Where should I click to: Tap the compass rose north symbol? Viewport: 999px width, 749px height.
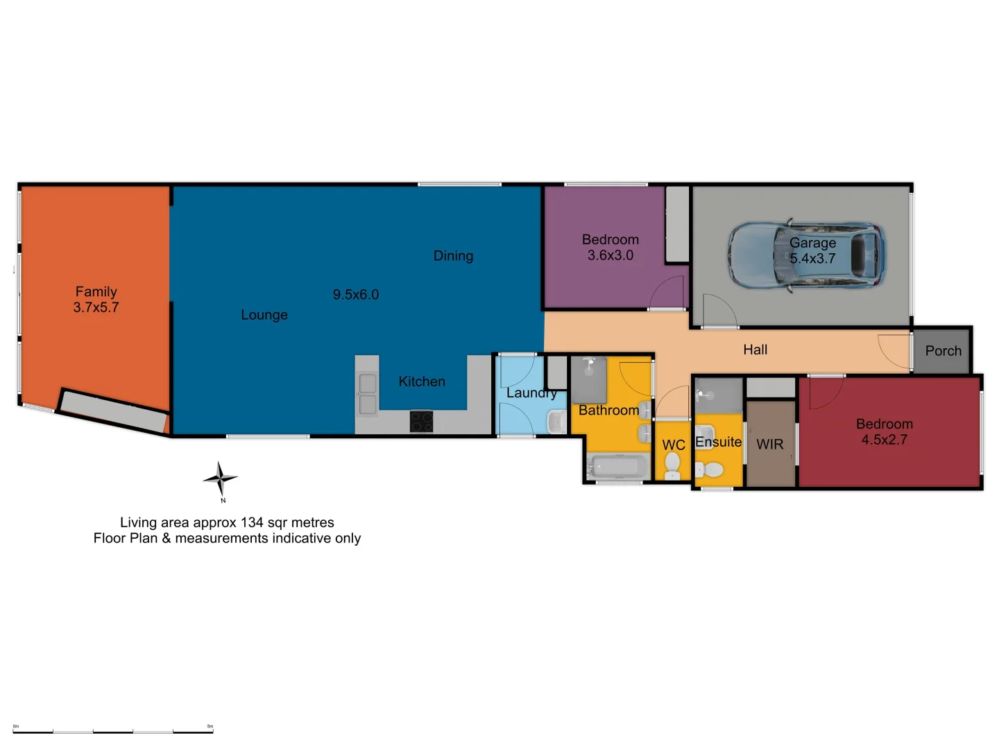click(221, 479)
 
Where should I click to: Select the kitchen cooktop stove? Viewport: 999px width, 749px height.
click(421, 421)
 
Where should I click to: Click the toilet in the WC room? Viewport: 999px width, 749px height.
click(672, 465)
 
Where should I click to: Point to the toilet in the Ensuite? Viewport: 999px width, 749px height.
click(710, 469)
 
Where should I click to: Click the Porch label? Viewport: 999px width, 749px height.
click(943, 351)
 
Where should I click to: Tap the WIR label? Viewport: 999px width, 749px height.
click(769, 445)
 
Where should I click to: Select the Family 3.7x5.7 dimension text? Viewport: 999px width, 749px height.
click(96, 307)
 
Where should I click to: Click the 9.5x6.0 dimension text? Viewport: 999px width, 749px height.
click(356, 295)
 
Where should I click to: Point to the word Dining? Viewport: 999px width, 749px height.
click(453, 256)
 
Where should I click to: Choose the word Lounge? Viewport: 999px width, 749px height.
click(264, 315)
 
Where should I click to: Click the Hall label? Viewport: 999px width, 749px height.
click(755, 350)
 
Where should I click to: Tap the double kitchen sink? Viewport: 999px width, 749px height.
click(367, 393)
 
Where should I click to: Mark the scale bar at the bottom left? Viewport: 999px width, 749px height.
click(113, 730)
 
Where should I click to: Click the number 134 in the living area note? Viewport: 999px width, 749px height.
click(252, 522)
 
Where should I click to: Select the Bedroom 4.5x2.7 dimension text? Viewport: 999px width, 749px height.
click(884, 440)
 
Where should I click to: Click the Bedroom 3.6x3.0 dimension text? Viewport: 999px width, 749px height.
click(610, 255)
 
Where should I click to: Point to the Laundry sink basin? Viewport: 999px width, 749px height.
click(556, 421)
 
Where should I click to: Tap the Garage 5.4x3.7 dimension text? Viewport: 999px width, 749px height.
click(812, 259)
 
